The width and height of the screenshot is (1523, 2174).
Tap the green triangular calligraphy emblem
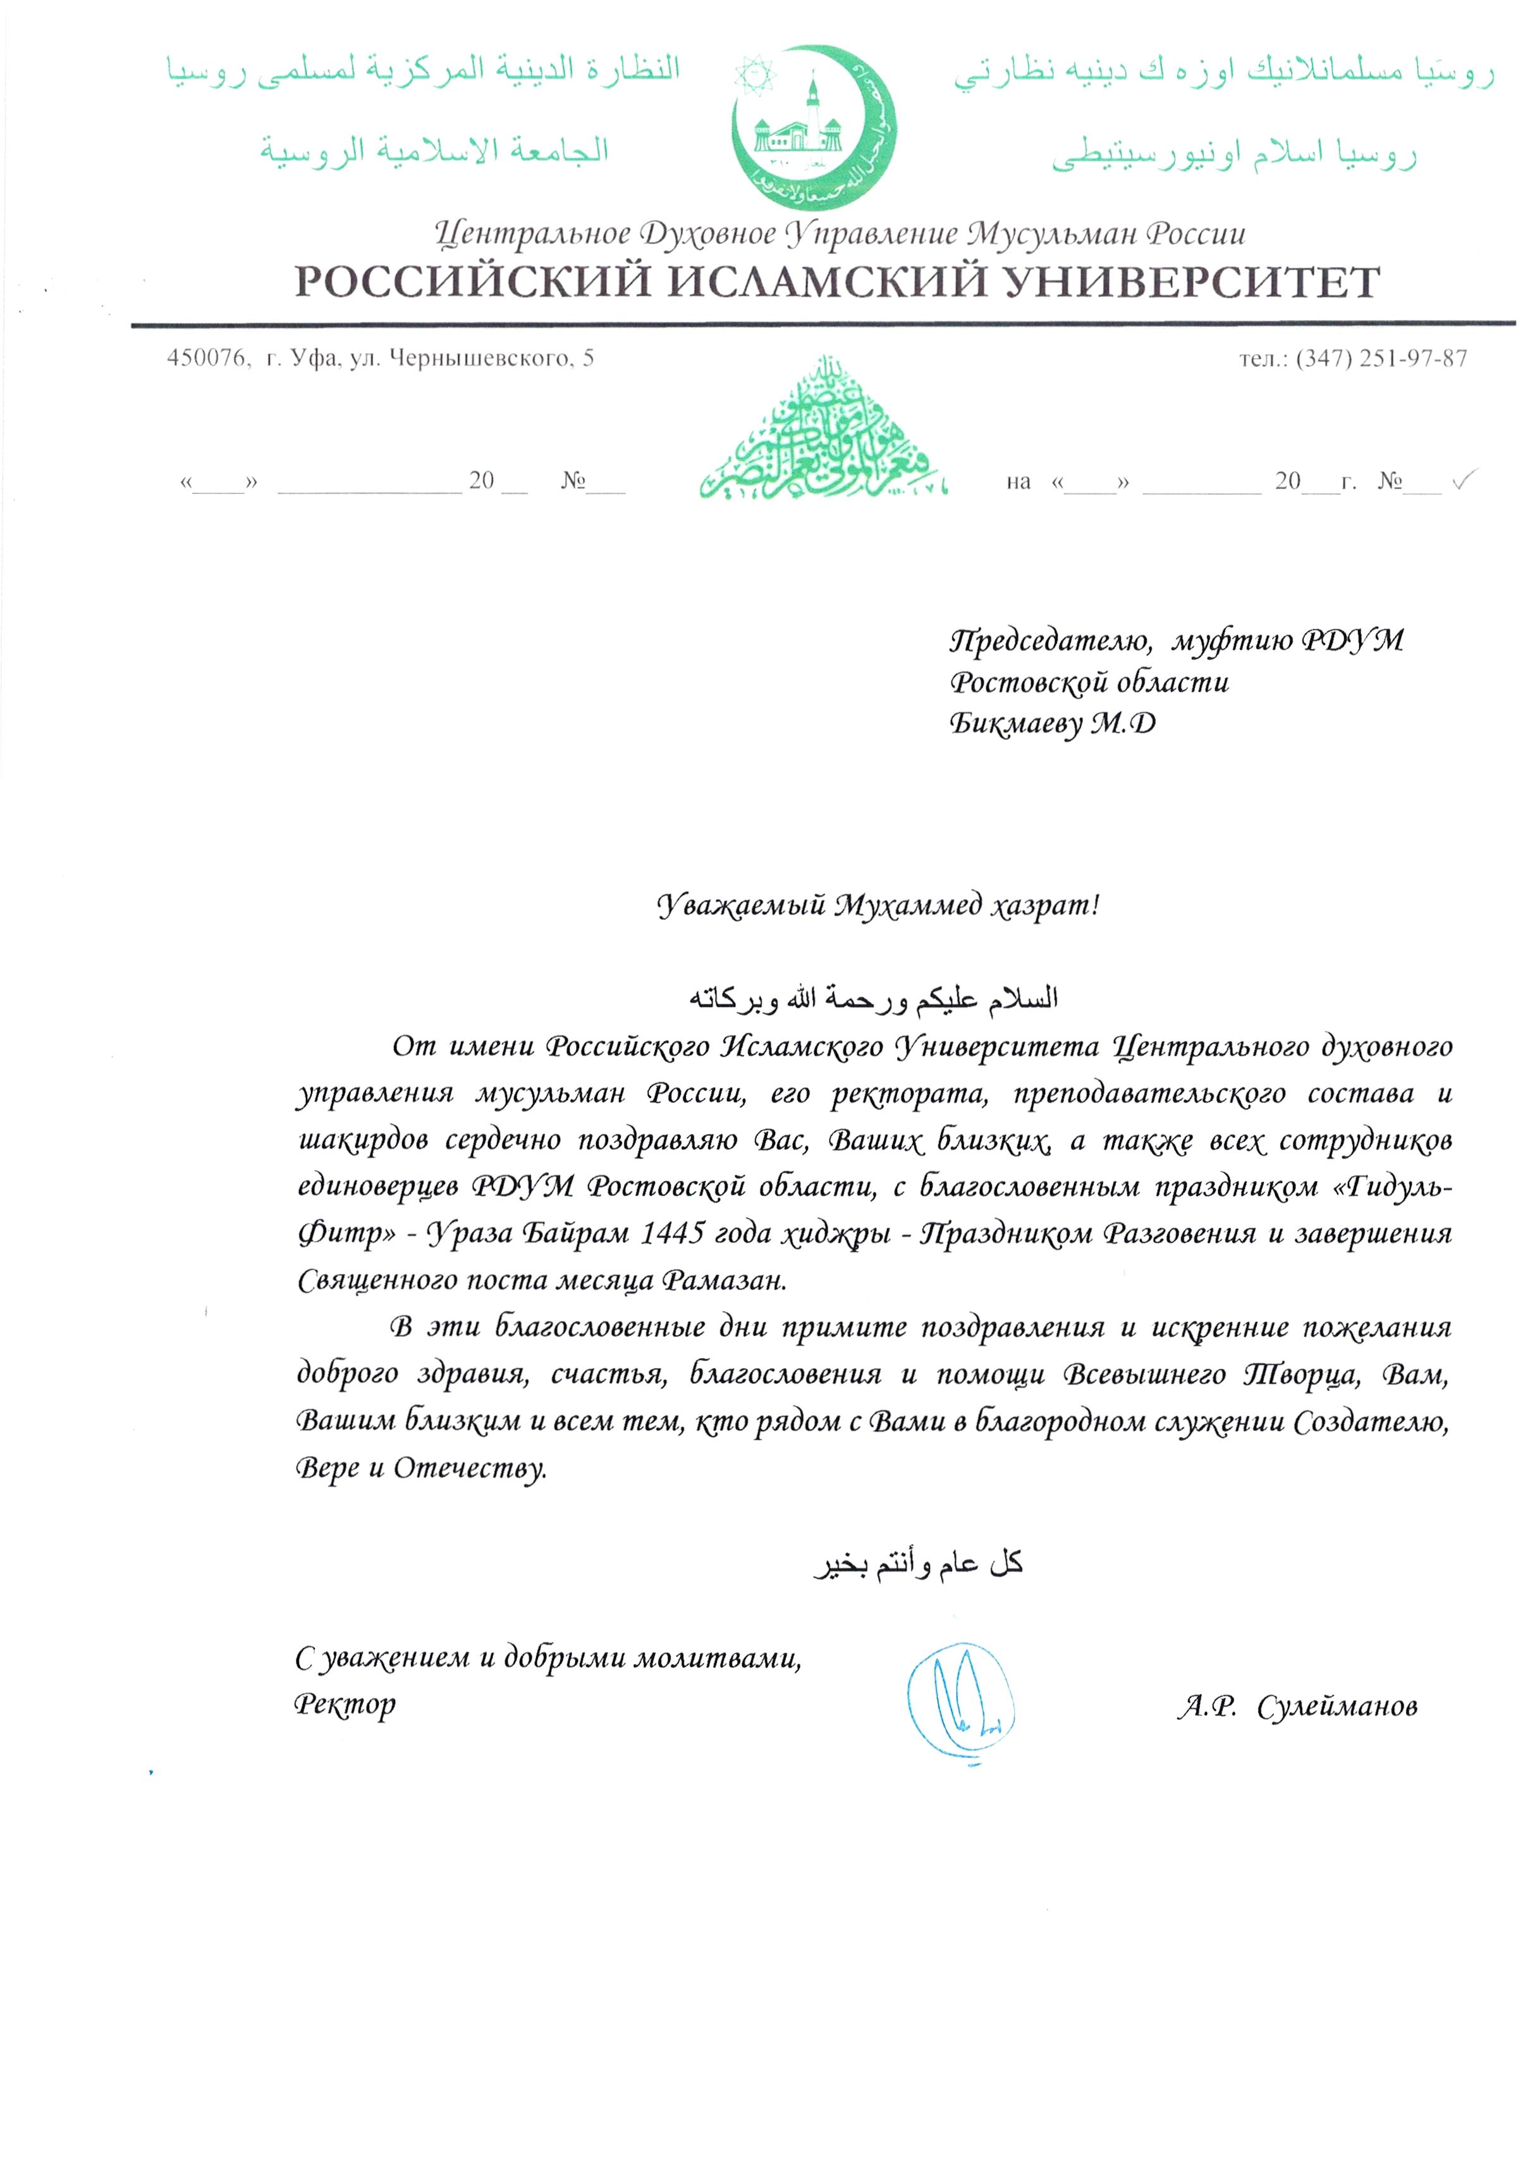[822, 431]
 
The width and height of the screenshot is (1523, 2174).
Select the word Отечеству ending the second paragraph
[470, 1467]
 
